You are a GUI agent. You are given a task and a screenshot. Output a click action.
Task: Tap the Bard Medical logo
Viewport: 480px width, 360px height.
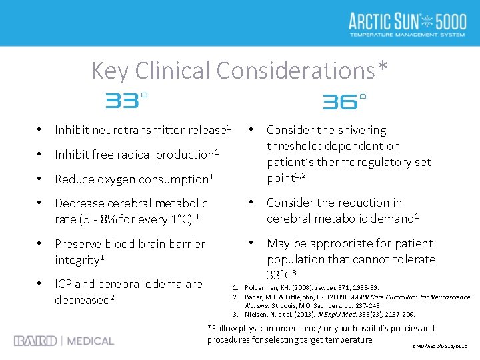(64, 341)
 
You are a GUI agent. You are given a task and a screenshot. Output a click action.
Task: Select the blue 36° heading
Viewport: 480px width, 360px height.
(344, 101)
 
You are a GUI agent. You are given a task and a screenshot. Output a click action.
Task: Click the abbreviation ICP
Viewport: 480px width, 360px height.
(65, 284)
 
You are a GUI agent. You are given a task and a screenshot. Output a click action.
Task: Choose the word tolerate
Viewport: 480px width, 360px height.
(411, 259)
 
